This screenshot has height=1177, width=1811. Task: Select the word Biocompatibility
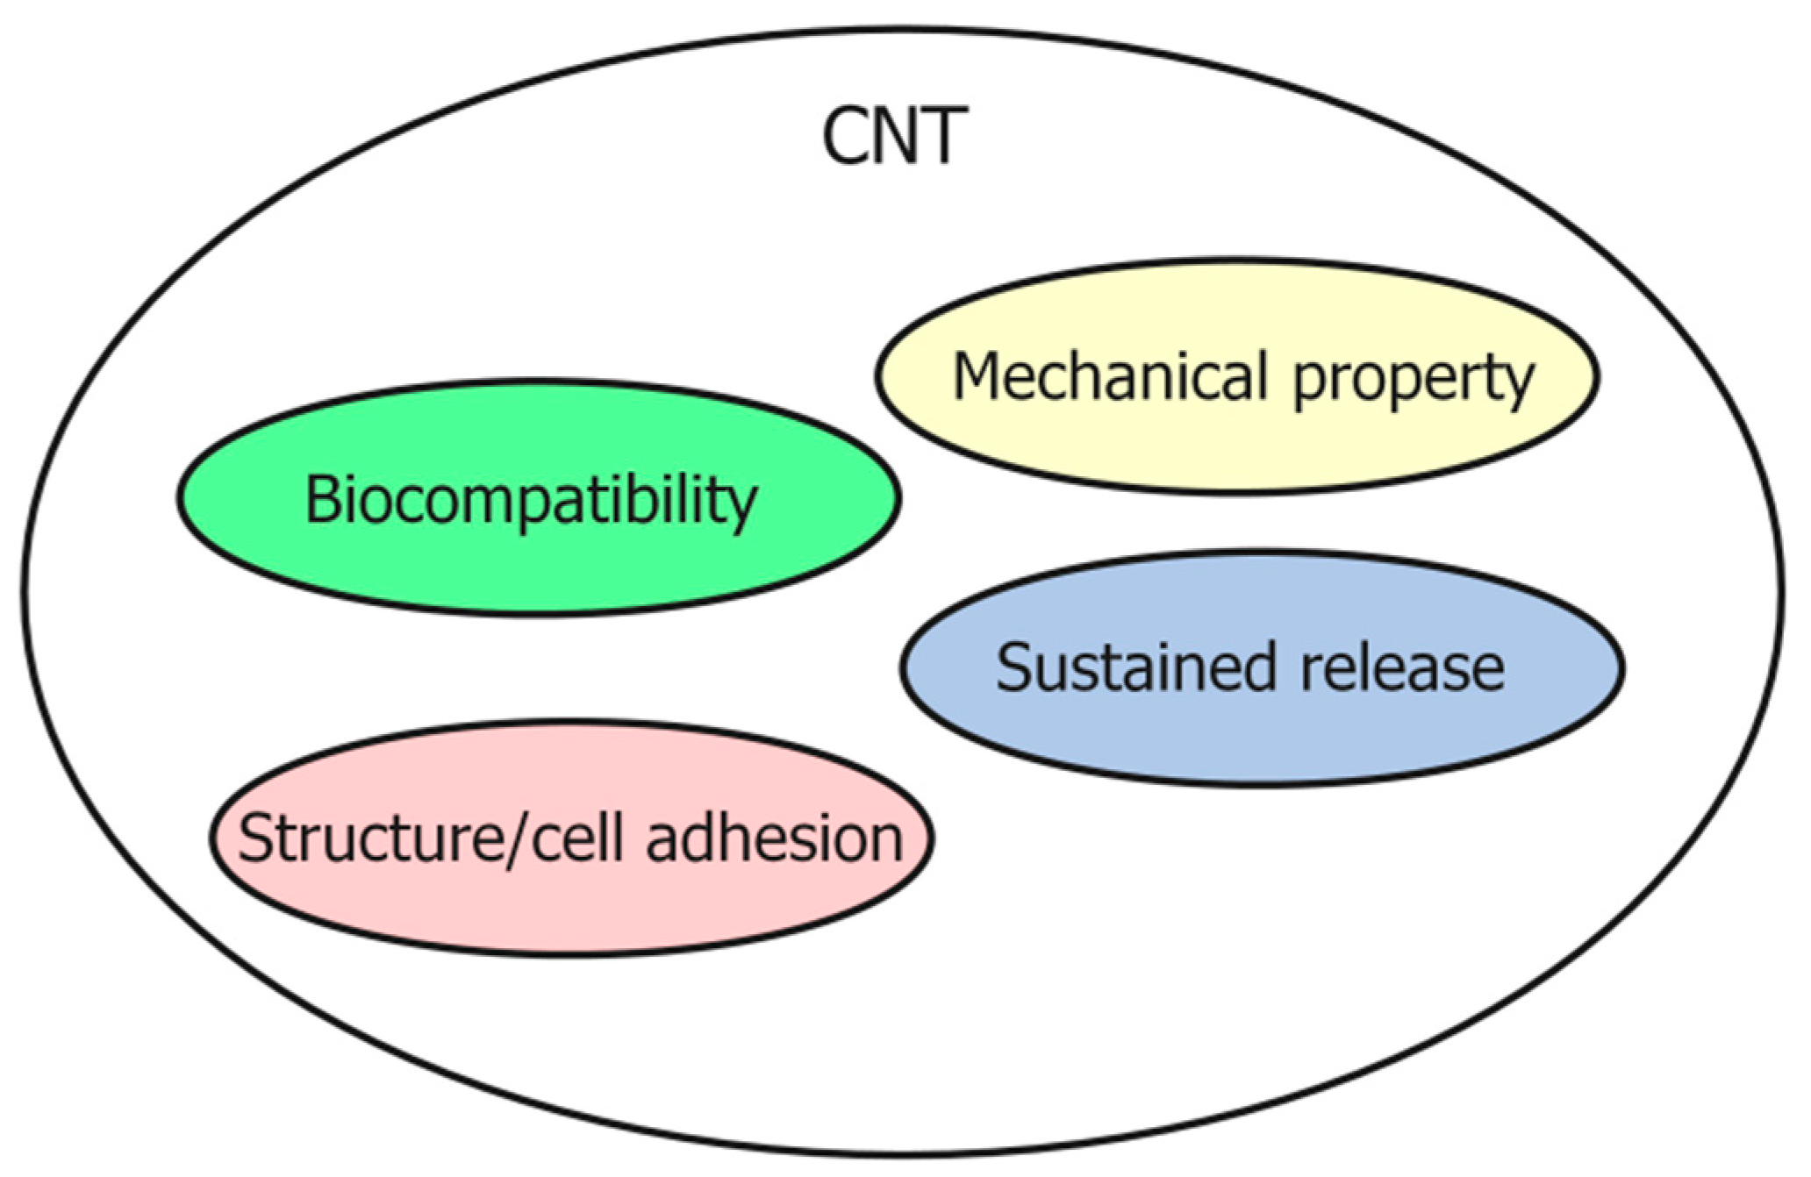(531, 500)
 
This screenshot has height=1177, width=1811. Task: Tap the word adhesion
(774, 838)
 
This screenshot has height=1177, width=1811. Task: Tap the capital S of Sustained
(1013, 667)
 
